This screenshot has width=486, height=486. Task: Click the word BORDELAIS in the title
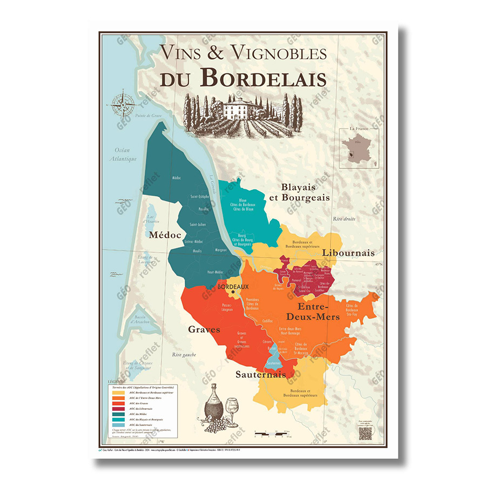coord(264,78)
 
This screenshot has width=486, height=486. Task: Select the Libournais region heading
coord(348,253)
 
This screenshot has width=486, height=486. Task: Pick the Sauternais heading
coord(260,374)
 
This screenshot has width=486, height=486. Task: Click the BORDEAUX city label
coord(233,287)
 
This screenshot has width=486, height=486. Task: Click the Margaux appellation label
coord(220,251)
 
